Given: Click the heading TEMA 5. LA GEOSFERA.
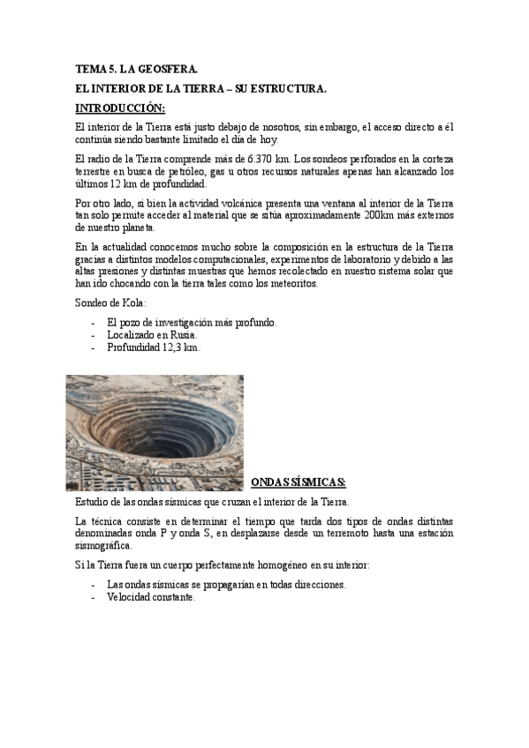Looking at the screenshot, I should pos(137,69).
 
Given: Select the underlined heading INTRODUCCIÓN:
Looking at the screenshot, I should pos(120,108).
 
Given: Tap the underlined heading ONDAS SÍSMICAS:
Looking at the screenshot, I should pos(299,482).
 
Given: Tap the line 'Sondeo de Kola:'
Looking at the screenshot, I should pos(111,304).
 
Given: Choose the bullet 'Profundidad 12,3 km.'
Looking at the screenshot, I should pos(154,348).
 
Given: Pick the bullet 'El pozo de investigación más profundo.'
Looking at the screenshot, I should pos(192,323).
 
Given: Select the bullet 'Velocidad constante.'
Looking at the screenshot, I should pos(150,597).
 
